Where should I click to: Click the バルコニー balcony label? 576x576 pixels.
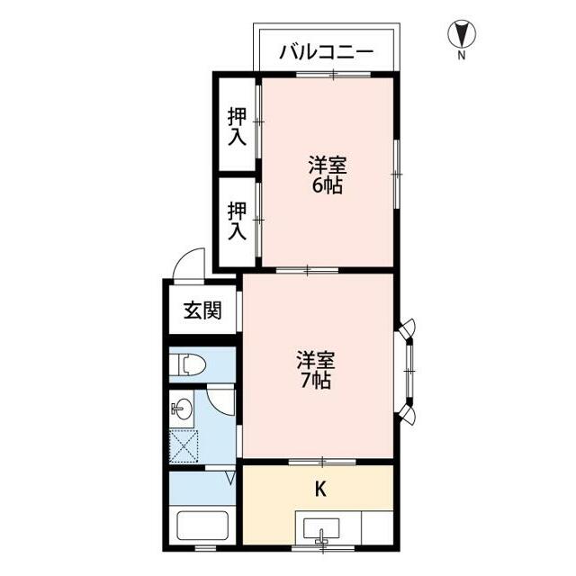pos(325,50)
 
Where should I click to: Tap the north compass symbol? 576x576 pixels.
pos(462,34)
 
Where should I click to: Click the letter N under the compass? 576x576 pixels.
pos(462,56)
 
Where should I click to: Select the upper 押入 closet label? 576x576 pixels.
pos(237,126)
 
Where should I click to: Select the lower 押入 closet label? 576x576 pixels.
pos(237,220)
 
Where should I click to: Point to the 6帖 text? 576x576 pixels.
pos(328,186)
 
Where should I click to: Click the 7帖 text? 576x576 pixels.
pos(316,381)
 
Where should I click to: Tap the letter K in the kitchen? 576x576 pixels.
pos(319,490)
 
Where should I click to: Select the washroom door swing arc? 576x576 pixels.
pos(220,399)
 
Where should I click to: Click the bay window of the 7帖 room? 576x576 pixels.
pos(408,370)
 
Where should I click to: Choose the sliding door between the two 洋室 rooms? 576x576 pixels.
pos(307,269)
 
